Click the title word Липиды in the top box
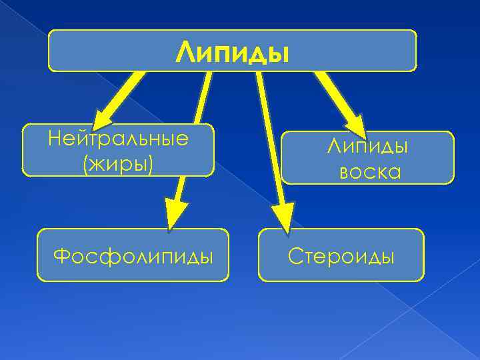pyautogui.click(x=233, y=52)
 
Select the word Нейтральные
pyautogui.click(x=118, y=139)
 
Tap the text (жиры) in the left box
pyautogui.click(x=118, y=162)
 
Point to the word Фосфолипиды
pyautogui.click(x=133, y=255)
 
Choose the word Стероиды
pyautogui.click(x=341, y=255)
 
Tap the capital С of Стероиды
pyautogui.click(x=294, y=255)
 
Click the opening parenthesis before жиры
pyautogui.click(x=85, y=163)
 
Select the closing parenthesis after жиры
pyautogui.click(x=151, y=163)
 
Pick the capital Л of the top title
pyautogui.click(x=185, y=52)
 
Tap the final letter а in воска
pyautogui.click(x=394, y=173)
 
